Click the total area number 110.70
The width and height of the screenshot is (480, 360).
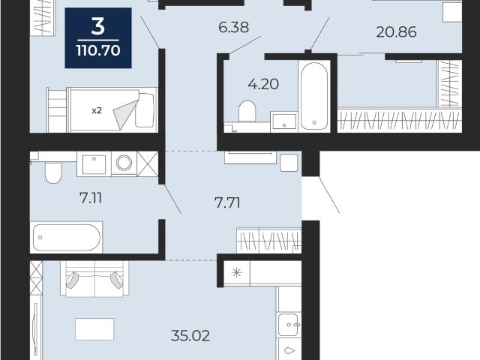[98, 50]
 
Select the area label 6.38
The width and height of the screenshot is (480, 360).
[233, 27]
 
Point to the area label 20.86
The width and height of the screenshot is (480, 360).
[396, 31]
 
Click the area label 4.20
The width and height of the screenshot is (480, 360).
[263, 84]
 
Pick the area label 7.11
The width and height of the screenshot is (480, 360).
[91, 198]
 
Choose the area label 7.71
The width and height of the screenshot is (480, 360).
[227, 202]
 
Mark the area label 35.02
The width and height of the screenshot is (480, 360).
[190, 336]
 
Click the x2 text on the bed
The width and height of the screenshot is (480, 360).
[97, 110]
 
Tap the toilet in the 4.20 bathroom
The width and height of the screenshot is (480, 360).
[247, 112]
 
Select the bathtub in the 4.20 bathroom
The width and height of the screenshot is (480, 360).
[314, 96]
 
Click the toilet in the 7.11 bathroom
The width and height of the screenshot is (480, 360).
[53, 172]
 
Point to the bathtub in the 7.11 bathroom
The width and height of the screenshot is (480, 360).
[67, 238]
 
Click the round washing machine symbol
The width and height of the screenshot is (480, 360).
[124, 163]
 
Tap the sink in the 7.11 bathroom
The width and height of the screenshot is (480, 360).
[94, 164]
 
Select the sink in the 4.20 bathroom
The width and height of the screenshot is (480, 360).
[284, 121]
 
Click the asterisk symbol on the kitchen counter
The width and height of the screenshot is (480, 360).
[237, 272]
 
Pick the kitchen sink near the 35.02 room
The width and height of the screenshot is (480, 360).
[288, 325]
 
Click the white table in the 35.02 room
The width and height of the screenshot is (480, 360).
[94, 329]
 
